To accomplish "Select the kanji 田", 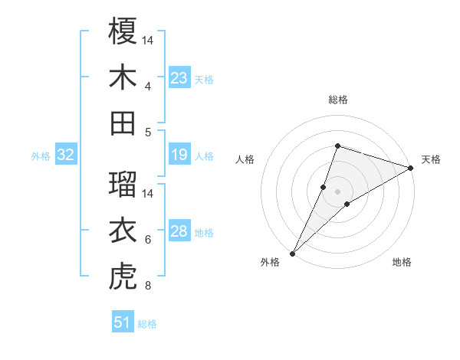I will click(123, 123).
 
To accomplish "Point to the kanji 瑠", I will click(123, 184).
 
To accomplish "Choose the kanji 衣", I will click(123, 231).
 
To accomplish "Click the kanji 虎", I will click(123, 277).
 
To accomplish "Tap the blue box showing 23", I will click(179, 78).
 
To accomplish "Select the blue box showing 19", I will click(179, 155).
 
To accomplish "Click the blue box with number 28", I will click(179, 232).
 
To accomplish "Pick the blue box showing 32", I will click(66, 155).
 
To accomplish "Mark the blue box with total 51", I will click(123, 323).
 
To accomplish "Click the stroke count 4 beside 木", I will click(148, 86).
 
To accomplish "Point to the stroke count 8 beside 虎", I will click(148, 286).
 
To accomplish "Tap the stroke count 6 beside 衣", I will click(148, 240).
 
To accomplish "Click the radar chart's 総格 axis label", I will click(337, 100).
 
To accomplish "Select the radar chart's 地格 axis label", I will click(402, 263).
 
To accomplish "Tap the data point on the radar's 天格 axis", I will click(411, 169).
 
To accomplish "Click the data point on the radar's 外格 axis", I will click(292, 253).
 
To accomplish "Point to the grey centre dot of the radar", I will click(337, 191).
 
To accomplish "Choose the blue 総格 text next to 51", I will click(147, 324).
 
